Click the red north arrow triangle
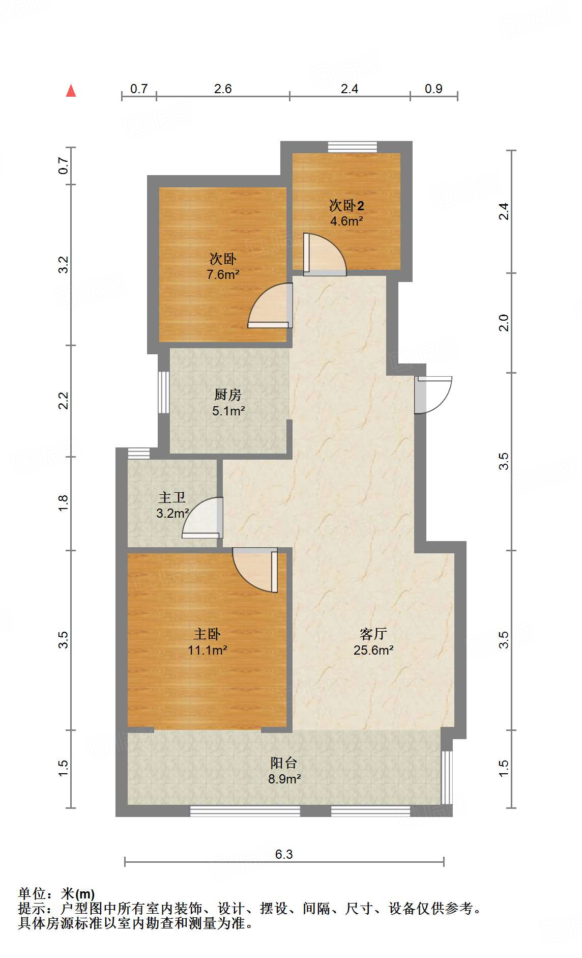point(71,91)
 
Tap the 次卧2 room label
point(346,206)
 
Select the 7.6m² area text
point(223,275)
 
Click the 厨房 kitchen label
point(227,395)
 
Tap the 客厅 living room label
point(373,634)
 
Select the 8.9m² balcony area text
point(284,779)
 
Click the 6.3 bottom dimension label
point(284,855)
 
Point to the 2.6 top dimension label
point(222,89)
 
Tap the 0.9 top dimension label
point(433,89)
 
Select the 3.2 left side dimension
point(63,265)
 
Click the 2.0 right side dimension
point(504,323)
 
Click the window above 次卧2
point(353,147)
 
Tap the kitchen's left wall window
point(163,392)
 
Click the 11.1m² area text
point(207,650)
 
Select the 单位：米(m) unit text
point(56,894)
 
